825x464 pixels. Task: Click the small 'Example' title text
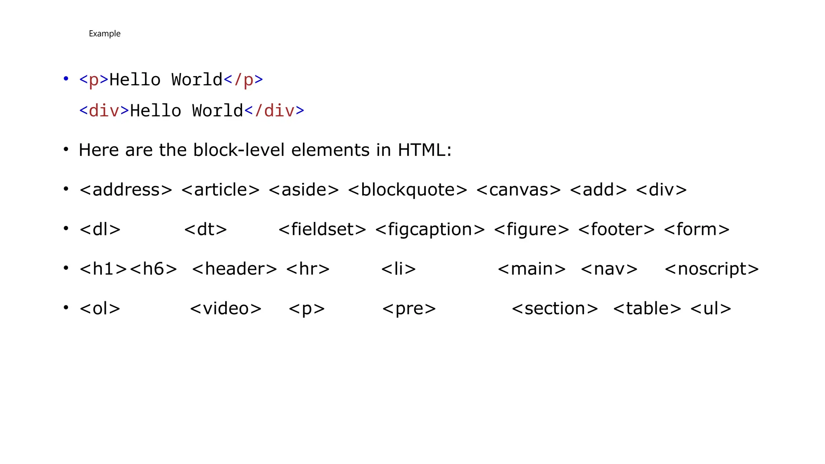(104, 33)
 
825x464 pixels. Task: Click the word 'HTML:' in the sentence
(425, 150)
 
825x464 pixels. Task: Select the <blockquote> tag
(407, 190)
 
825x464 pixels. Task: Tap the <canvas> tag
(518, 190)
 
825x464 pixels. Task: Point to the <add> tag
(598, 190)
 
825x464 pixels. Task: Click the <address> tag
(126, 190)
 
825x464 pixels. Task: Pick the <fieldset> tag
(322, 229)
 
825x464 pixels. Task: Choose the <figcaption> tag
(430, 229)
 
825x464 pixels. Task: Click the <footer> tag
(616, 229)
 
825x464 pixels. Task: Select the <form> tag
(696, 229)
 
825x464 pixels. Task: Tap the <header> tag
(234, 269)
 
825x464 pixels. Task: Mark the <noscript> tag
(711, 269)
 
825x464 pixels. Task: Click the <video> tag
(226, 309)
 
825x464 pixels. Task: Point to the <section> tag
(555, 309)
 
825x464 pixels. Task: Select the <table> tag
(647, 309)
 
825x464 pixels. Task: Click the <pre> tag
(409, 309)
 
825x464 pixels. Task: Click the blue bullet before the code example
(66, 79)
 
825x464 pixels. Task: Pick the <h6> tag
(153, 269)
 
